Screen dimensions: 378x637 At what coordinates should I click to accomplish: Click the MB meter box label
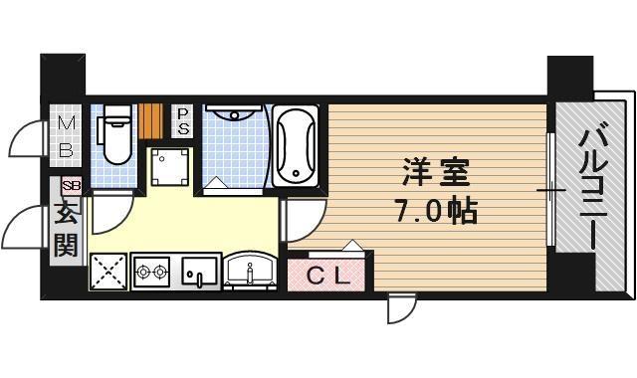tap(65, 137)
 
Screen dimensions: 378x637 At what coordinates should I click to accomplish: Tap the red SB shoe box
tap(71, 186)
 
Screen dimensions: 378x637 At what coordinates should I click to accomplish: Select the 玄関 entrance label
tap(66, 229)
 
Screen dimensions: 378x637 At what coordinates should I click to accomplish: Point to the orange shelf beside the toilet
tap(151, 120)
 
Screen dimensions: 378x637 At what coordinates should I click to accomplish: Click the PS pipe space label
tap(184, 120)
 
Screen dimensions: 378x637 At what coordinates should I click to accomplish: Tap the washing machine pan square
tap(172, 167)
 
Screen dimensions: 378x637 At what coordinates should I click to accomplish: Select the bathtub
tap(295, 146)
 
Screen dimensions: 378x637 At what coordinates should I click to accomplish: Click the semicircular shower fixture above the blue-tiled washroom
tap(236, 112)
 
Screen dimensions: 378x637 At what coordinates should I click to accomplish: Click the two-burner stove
tap(152, 271)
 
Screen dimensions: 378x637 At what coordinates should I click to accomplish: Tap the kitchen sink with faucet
tap(198, 271)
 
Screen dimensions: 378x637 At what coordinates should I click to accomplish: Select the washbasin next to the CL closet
tap(250, 270)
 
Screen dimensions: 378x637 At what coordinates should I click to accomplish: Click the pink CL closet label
tap(326, 274)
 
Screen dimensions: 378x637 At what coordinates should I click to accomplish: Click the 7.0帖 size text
tap(436, 211)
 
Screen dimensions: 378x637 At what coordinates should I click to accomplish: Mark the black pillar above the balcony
tap(569, 76)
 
